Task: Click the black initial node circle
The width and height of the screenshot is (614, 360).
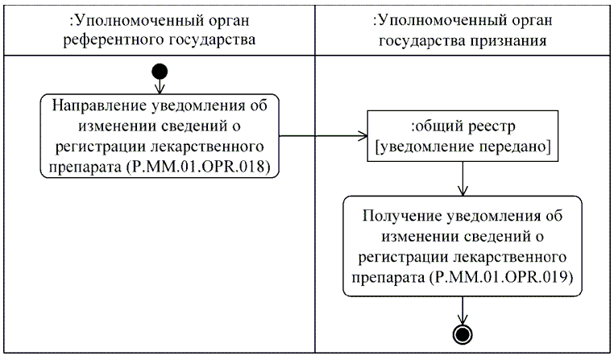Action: pos(158,70)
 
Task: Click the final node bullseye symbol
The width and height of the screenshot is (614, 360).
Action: pos(463,333)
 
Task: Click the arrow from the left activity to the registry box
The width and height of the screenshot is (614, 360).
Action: pos(322,136)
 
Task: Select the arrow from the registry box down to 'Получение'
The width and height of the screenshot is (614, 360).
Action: pos(461,178)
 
